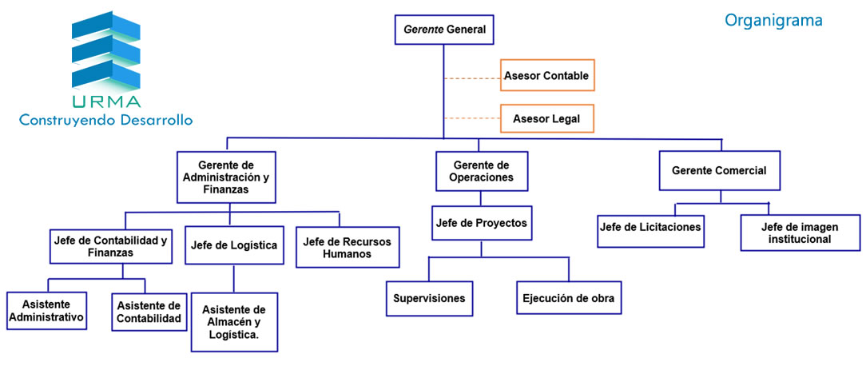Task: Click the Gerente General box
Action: tap(444, 30)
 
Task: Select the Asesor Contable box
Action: tap(547, 76)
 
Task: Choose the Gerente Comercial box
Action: tap(719, 171)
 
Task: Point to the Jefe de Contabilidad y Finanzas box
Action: tap(111, 246)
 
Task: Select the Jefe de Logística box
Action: tap(233, 245)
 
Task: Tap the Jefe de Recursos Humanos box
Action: tap(348, 248)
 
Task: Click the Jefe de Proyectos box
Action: tap(481, 223)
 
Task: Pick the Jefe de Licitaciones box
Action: tap(650, 227)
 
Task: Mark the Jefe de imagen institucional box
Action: tap(799, 232)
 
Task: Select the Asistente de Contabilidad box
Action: tap(149, 312)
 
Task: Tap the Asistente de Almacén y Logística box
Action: tap(234, 322)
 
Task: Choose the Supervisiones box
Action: tap(428, 299)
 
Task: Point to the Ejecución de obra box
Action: tap(567, 299)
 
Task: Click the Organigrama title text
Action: tap(773, 19)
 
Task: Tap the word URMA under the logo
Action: tap(105, 101)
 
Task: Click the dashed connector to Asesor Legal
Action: tap(471, 119)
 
